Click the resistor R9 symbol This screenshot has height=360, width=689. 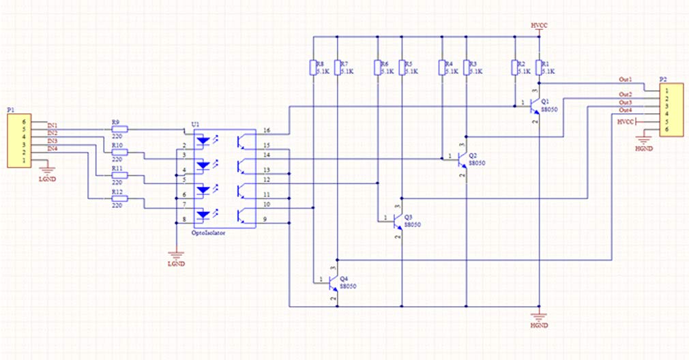pyautogui.click(x=119, y=128)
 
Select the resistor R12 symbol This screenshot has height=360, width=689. pyautogui.click(x=119, y=199)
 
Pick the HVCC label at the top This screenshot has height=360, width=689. pyautogui.click(x=539, y=25)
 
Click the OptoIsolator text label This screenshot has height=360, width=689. pyautogui.click(x=206, y=232)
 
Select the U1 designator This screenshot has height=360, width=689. pyautogui.click(x=196, y=124)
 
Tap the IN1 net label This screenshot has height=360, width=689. pyautogui.click(x=53, y=125)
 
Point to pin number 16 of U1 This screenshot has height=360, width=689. pyautogui.click(x=266, y=130)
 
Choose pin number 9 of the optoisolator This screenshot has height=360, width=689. pyautogui.click(x=266, y=218)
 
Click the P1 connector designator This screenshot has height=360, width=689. pyautogui.click(x=10, y=109)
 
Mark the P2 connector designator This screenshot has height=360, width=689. pyautogui.click(x=663, y=79)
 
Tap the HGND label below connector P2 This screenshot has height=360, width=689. pyautogui.click(x=643, y=147)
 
